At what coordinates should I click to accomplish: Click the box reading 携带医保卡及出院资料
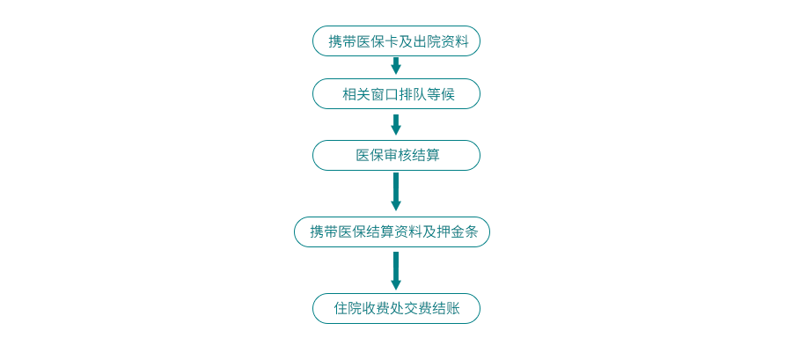pos(396,40)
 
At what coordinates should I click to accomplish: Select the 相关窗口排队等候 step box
pos(396,94)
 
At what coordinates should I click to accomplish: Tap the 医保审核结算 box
pos(396,156)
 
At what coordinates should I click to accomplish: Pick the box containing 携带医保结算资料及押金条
pos(392,231)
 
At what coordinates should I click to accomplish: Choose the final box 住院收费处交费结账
pos(396,308)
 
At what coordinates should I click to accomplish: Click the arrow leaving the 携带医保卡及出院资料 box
pos(396,66)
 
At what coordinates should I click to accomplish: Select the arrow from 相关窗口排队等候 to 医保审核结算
pos(396,125)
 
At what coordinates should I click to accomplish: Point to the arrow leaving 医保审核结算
pos(396,192)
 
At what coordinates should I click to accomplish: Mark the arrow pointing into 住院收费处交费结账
pos(396,270)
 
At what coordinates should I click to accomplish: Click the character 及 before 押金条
pos(429,232)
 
